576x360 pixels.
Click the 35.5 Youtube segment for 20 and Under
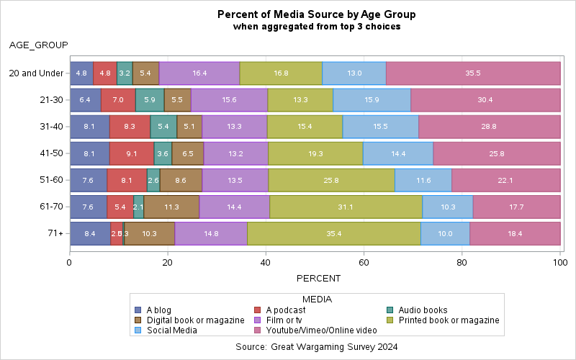473,73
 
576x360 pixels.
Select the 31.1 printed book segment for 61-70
346,207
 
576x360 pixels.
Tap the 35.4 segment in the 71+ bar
333,233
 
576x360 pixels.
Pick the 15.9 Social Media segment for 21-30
372,100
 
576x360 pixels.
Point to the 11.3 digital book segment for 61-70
171,207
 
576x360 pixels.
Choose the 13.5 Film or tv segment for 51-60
235,180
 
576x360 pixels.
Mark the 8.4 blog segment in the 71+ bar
90,233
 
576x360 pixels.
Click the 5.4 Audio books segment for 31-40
163,127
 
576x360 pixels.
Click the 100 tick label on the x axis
560,264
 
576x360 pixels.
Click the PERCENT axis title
316,278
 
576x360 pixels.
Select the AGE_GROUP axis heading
38,45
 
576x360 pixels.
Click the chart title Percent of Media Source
316,14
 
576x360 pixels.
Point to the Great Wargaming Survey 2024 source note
316,347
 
